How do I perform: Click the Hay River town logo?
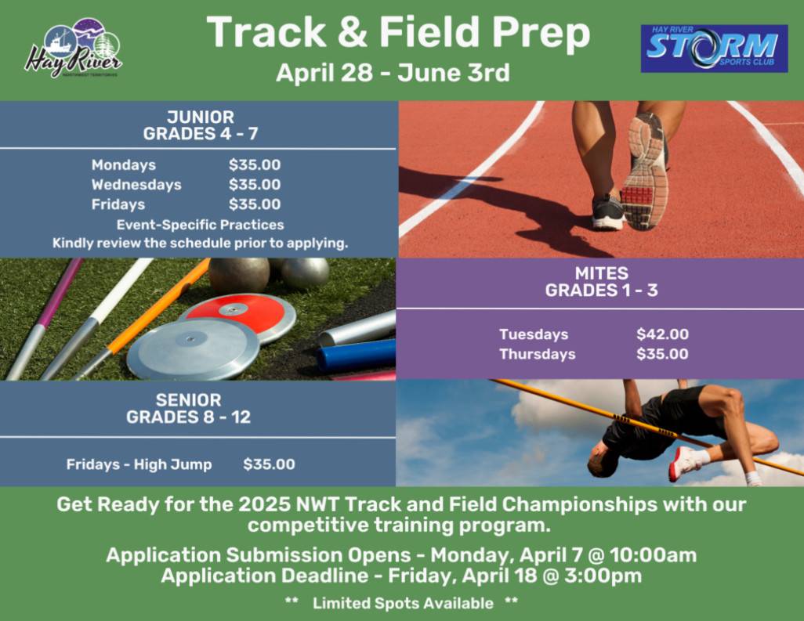[x=73, y=49]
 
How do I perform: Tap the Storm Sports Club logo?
[x=714, y=49]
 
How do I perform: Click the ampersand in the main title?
[x=353, y=32]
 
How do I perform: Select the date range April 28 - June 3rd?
[x=393, y=73]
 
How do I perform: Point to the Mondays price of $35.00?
[x=255, y=164]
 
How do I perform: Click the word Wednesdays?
[x=136, y=185]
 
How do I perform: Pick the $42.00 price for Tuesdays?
[x=662, y=334]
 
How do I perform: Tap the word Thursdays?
[x=538, y=354]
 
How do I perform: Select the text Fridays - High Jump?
[x=139, y=464]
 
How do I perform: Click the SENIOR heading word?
[x=189, y=399]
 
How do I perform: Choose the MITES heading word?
[x=602, y=273]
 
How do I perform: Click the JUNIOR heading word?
[x=201, y=117]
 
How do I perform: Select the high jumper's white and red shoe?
[x=684, y=463]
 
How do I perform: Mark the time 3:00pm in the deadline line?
[x=603, y=576]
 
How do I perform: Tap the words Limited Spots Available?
[x=403, y=603]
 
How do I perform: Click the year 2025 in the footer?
[x=265, y=504]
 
